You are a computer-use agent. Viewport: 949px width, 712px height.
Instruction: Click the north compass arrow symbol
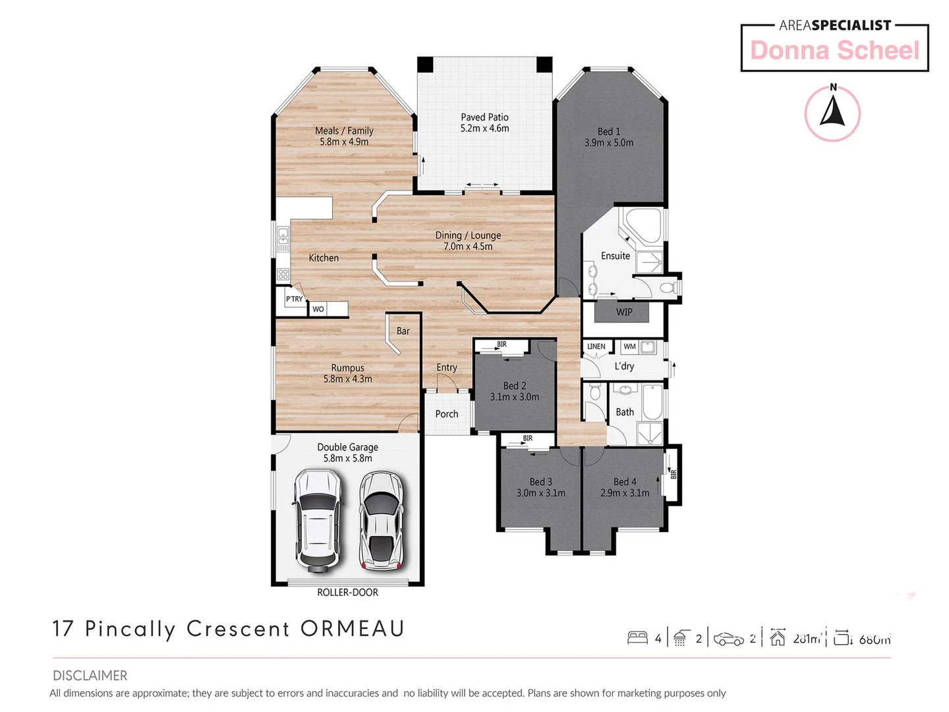(832, 111)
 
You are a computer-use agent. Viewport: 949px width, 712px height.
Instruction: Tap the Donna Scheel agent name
(834, 51)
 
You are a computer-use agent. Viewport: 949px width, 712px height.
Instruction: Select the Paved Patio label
(484, 117)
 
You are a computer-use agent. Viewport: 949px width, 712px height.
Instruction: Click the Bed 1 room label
(608, 132)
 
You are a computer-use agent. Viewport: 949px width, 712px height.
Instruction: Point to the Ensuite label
(616, 256)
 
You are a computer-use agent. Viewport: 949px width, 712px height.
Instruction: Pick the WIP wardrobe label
(624, 312)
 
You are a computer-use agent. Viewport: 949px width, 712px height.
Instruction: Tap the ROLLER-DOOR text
(347, 593)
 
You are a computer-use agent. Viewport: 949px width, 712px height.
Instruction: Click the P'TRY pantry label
(294, 299)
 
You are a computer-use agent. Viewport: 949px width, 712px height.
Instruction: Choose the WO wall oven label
(318, 309)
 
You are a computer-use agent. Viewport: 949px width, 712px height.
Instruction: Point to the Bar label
(403, 331)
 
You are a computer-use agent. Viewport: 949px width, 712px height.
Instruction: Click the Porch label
(446, 414)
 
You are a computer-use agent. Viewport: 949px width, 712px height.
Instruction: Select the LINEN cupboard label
(596, 347)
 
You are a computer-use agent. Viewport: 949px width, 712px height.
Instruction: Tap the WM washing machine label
(629, 347)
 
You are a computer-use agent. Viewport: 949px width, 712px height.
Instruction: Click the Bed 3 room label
(540, 482)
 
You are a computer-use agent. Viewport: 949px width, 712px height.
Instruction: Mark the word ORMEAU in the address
(353, 629)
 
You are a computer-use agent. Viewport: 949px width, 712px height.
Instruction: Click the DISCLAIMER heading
(90, 676)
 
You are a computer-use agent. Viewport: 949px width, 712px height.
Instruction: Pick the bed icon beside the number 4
(637, 638)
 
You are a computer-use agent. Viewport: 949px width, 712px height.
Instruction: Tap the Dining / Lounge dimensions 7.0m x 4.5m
(468, 247)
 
